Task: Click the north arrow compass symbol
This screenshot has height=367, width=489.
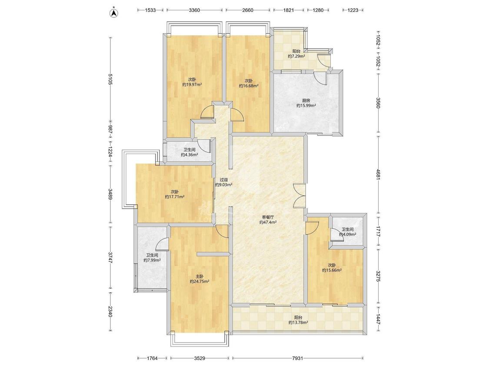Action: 114,13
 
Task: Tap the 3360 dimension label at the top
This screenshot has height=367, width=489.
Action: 194,10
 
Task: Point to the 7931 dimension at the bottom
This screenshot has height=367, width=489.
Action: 297,358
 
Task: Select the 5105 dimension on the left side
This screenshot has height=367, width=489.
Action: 110,79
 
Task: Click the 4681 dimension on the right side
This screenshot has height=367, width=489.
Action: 378,174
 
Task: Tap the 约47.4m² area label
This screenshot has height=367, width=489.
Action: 268,223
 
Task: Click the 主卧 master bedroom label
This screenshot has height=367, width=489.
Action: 200,276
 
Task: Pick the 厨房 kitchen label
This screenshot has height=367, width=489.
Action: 306,100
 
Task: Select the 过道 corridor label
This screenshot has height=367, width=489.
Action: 223,180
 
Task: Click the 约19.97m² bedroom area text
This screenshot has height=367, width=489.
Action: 192,84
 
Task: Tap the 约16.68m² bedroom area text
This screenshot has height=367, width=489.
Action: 249,86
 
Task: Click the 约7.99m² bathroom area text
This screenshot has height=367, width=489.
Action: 152,260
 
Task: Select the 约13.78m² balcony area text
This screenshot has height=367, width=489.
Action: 299,323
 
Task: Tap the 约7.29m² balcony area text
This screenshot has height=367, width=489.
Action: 296,57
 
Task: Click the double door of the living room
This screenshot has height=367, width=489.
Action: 299,196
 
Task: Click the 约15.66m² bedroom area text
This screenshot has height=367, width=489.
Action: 332,270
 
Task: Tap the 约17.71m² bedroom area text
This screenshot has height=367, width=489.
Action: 175,197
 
